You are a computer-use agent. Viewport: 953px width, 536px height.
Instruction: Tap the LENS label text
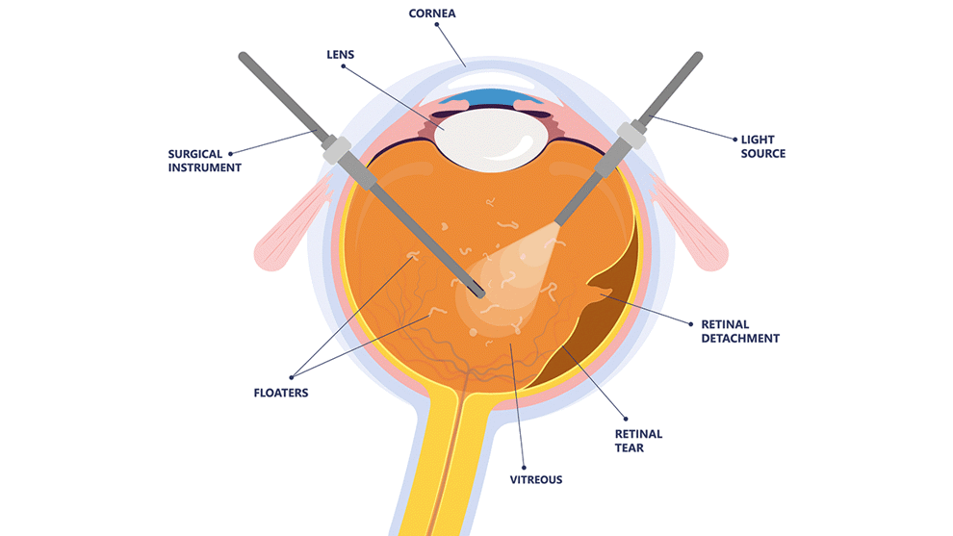pos(341,55)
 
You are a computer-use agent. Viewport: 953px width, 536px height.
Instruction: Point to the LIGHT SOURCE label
pos(762,146)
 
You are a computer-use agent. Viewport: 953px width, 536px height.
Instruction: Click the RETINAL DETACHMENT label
pos(739,331)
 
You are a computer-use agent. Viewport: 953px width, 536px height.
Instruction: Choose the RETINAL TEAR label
pos(638,441)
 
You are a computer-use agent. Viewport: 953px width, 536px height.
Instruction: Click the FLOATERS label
pos(281,393)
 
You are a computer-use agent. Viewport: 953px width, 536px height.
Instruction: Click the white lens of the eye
pos(486,136)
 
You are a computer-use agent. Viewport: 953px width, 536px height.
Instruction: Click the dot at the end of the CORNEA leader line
pos(436,28)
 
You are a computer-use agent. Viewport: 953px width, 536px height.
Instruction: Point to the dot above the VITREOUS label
pos(524,459)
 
